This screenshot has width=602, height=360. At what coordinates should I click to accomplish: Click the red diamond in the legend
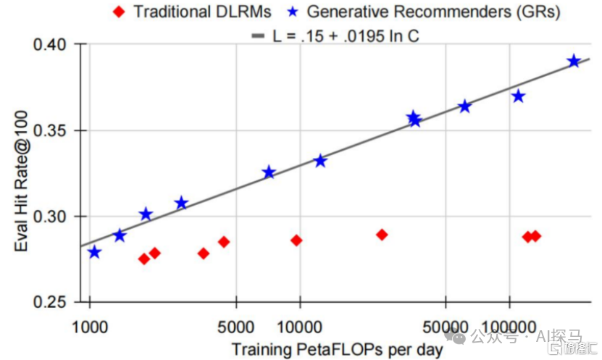pos(119,12)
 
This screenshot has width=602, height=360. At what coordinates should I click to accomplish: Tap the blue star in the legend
pos(293,12)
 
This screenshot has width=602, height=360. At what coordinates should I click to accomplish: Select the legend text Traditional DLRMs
pos(202,12)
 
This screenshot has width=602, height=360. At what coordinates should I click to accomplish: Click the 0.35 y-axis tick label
pos(50,130)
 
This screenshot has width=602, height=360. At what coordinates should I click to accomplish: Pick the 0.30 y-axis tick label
pos(50,217)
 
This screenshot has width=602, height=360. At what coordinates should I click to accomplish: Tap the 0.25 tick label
pos(50,302)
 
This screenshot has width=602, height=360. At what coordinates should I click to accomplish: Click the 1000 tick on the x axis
pos(90,327)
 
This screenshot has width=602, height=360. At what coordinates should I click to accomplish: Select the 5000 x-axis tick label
pos(235,327)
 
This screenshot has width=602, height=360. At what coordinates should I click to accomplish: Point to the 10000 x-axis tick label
pos(299,327)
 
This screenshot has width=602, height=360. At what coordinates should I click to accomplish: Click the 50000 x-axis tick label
pos(446,327)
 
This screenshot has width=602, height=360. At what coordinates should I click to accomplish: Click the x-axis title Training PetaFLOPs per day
pos(338,350)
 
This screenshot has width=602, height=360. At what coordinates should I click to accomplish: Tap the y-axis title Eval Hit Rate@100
pos(21,181)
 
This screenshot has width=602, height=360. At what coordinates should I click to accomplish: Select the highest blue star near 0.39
pos(574,61)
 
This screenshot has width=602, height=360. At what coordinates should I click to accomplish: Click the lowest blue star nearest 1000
pos(94,252)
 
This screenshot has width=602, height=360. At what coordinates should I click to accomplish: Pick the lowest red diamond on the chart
pos(144,259)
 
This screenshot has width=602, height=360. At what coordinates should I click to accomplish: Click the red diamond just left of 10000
pos(296,240)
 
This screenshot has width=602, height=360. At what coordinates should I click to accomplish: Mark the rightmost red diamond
pos(535,236)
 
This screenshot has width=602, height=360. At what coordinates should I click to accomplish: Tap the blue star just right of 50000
pos(465,106)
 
